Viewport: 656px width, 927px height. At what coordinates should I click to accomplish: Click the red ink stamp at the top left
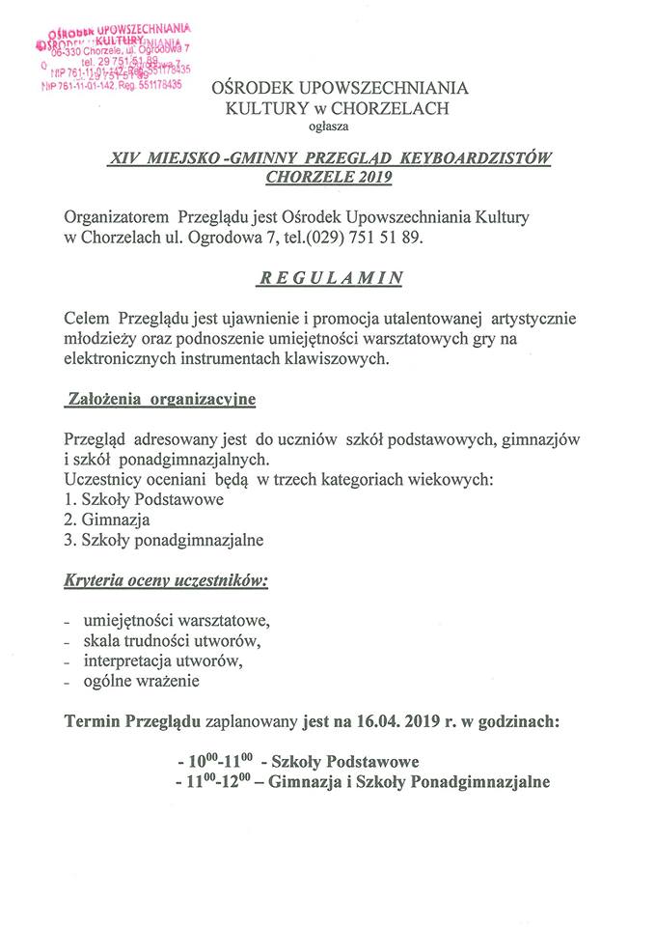coord(113,57)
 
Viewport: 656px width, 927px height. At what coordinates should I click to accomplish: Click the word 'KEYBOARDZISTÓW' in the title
coord(481,157)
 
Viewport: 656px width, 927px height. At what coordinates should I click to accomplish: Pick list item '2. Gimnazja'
coord(107,520)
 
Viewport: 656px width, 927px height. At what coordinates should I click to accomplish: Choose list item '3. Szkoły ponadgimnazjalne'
coord(163,540)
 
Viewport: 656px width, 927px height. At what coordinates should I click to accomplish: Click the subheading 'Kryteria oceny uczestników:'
coord(166,582)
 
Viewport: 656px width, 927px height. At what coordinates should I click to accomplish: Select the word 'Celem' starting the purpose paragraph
coord(87,318)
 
